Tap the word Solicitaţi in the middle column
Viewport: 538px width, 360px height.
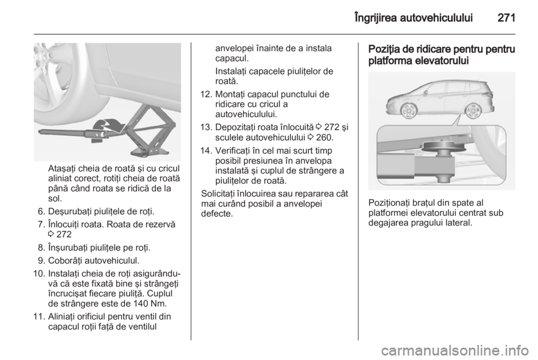(x=221, y=192)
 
